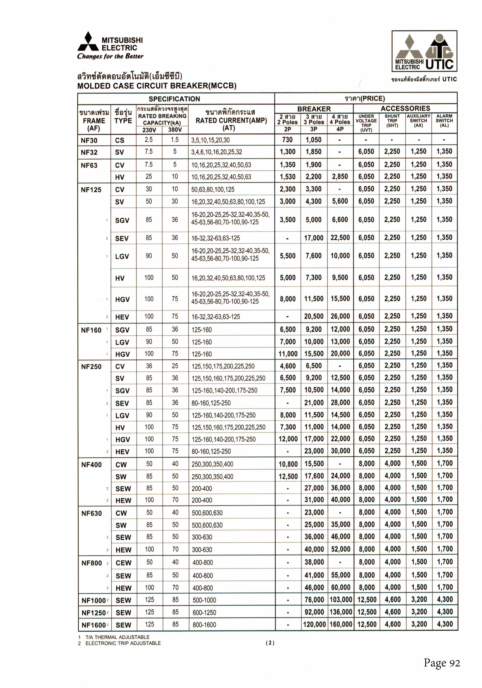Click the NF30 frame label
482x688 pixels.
click(89, 140)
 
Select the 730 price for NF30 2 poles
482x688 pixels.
click(287, 140)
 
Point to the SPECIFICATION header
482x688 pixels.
click(174, 99)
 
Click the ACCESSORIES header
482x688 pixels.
click(405, 108)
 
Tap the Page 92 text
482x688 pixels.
click(442, 663)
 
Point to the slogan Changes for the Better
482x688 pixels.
click(110, 56)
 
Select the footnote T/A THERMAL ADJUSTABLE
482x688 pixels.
click(117, 637)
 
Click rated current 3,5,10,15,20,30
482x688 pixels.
click(211, 140)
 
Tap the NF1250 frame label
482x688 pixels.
click(93, 613)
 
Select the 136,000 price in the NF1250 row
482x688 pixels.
click(341, 612)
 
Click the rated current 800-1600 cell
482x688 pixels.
click(204, 625)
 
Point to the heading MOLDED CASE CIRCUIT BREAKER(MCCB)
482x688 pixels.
click(157, 86)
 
